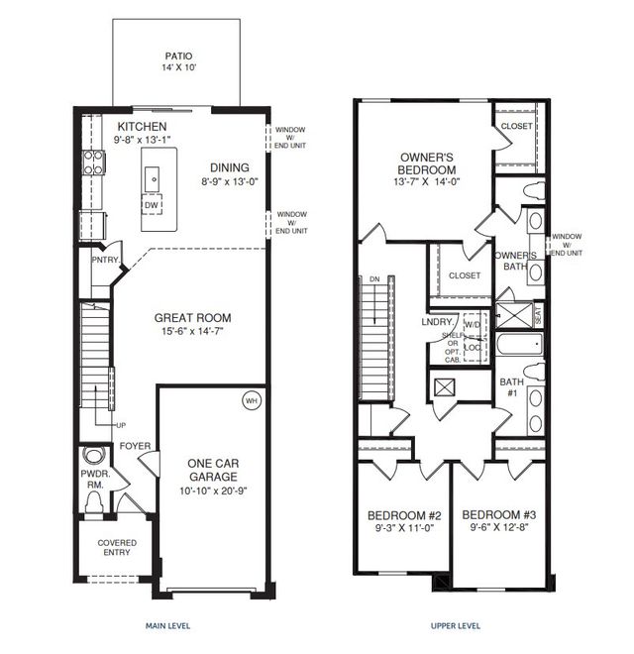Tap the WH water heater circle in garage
click(x=251, y=401)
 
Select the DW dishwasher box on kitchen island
click(x=152, y=205)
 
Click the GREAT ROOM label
click(x=192, y=319)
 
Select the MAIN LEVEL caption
click(x=167, y=626)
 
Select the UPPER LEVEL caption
click(x=456, y=626)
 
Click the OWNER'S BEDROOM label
click(x=428, y=163)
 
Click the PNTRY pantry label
click(x=105, y=261)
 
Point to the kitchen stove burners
click(x=93, y=163)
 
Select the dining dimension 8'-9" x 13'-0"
click(x=229, y=181)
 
